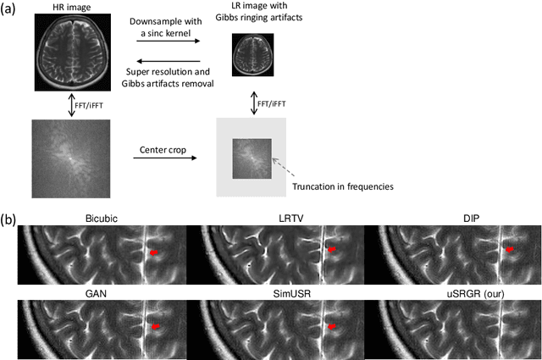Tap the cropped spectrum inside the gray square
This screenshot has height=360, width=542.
(250, 158)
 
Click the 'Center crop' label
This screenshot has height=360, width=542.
(159, 150)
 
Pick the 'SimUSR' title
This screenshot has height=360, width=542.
(278, 291)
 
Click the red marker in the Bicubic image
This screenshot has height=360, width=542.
(153, 252)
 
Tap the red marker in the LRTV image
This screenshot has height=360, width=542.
(332, 249)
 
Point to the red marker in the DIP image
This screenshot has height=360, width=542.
(510, 249)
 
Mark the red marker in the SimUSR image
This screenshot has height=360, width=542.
(332, 326)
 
